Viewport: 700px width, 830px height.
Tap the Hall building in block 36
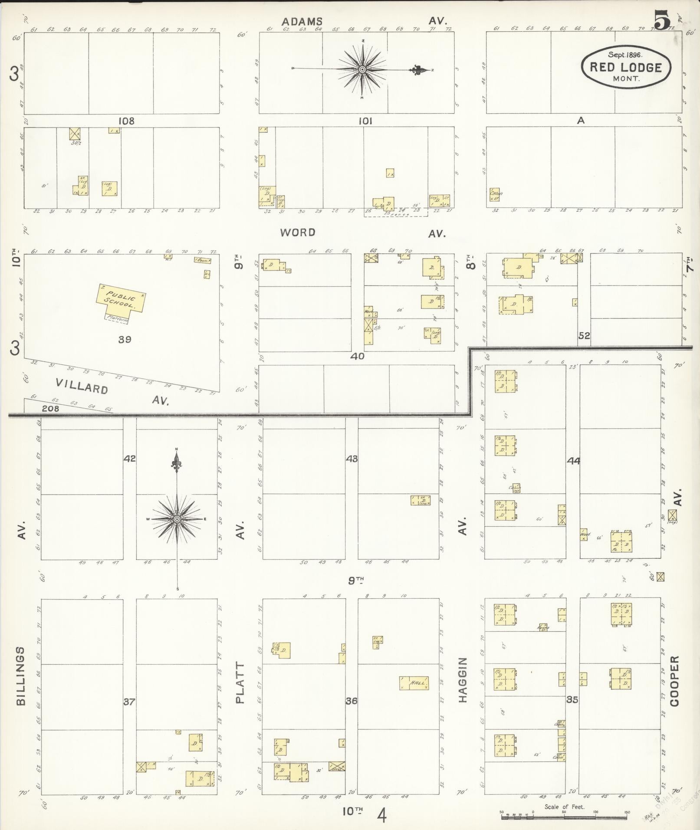(x=414, y=683)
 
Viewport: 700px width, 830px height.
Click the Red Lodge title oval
(x=625, y=67)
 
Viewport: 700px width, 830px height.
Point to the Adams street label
(x=302, y=21)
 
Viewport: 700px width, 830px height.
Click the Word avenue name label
(x=297, y=233)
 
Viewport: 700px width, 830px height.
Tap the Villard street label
(x=82, y=386)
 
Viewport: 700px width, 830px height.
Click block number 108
(x=126, y=121)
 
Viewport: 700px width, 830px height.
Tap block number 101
(x=365, y=121)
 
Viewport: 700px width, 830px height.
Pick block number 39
(x=125, y=339)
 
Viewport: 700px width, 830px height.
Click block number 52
(x=584, y=335)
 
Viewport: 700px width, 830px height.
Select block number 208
(x=50, y=408)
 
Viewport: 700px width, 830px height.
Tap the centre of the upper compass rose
(x=362, y=69)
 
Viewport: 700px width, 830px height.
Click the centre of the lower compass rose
(x=177, y=519)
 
